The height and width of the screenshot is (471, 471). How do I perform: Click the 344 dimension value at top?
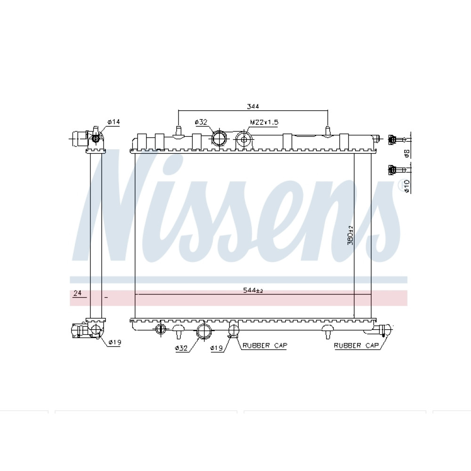click(x=253, y=106)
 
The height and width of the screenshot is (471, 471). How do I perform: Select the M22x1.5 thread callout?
click(x=264, y=122)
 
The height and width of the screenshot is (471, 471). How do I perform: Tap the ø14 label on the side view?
click(x=114, y=122)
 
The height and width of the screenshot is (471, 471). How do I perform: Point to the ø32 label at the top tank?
click(x=201, y=122)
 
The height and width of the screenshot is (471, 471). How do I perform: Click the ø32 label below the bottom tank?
click(x=181, y=348)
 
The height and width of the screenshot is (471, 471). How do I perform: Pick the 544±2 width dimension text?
click(x=253, y=291)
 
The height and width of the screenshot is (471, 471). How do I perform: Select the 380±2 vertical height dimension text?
click(x=350, y=235)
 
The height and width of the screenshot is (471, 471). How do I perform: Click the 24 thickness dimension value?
click(x=78, y=293)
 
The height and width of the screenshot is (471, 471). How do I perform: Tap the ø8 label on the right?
click(x=407, y=154)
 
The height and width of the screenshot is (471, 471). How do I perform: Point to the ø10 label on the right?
click(x=407, y=187)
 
